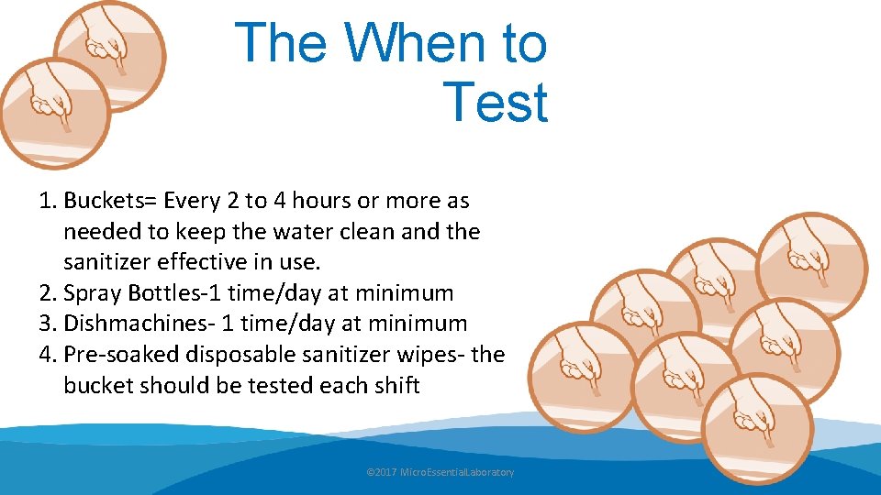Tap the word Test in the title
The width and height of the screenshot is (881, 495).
tap(495, 103)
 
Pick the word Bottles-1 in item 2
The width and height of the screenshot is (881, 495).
tap(176, 293)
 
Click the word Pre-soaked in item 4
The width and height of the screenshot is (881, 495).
tap(120, 355)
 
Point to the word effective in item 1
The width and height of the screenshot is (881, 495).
tap(215, 262)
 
